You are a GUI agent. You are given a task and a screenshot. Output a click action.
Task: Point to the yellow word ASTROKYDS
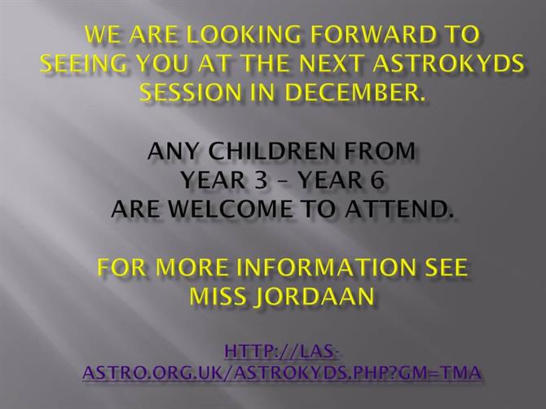coord(448,64)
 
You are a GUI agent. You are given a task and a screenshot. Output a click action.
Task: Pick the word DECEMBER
coord(355,92)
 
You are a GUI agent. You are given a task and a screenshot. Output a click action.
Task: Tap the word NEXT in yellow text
coord(331,64)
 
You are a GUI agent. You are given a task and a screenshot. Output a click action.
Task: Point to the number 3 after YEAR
coord(261,180)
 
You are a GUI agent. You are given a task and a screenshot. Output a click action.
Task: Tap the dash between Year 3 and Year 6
coord(284,182)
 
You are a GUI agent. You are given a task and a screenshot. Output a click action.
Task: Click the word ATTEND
coord(399,209)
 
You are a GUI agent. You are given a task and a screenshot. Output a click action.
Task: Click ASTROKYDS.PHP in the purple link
coord(314,372)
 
